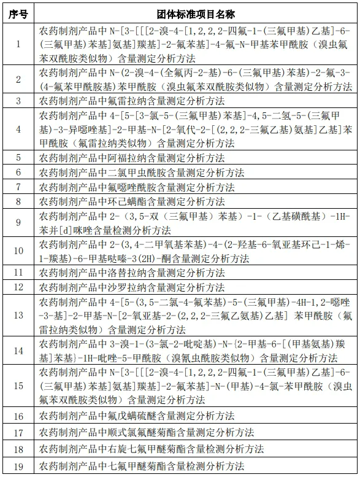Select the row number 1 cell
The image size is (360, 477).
[18, 44]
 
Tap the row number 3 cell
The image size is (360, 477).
[18, 100]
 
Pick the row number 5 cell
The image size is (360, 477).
[18, 158]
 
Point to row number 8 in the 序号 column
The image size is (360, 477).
[18, 201]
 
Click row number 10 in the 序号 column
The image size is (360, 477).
[18, 251]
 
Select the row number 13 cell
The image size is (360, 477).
[18, 315]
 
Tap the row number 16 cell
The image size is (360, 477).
[18, 416]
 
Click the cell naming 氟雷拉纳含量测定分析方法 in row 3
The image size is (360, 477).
[132, 100]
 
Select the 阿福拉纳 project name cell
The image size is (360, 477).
[132, 158]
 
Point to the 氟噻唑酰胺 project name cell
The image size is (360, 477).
[137, 187]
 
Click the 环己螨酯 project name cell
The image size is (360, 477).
[132, 201]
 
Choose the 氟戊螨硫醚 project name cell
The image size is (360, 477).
[137, 416]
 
